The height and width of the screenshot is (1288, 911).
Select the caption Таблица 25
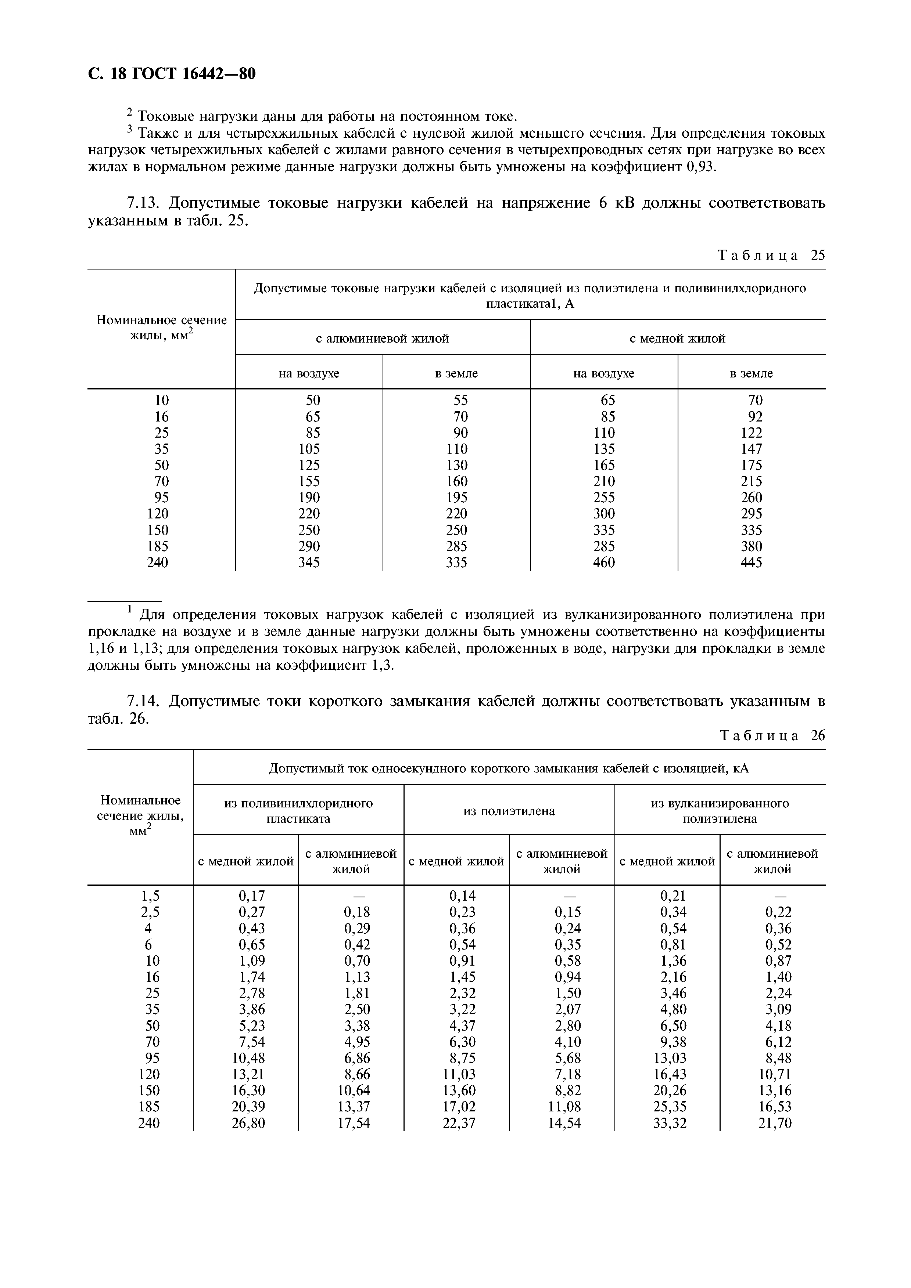pyautogui.click(x=772, y=256)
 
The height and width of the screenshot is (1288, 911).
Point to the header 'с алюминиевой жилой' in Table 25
pyautogui.click(x=382, y=339)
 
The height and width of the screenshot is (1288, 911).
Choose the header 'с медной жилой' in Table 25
pyautogui.click(x=678, y=339)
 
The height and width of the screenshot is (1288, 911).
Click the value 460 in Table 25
pyautogui.click(x=604, y=562)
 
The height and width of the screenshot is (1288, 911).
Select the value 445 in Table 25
pyautogui.click(x=751, y=562)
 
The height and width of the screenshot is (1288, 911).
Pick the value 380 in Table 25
pyautogui.click(x=751, y=546)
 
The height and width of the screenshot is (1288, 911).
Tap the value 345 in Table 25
pyautogui.click(x=309, y=562)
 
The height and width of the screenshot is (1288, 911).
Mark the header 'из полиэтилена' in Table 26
pyautogui.click(x=509, y=811)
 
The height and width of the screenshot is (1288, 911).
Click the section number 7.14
pyautogui.click(x=143, y=702)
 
